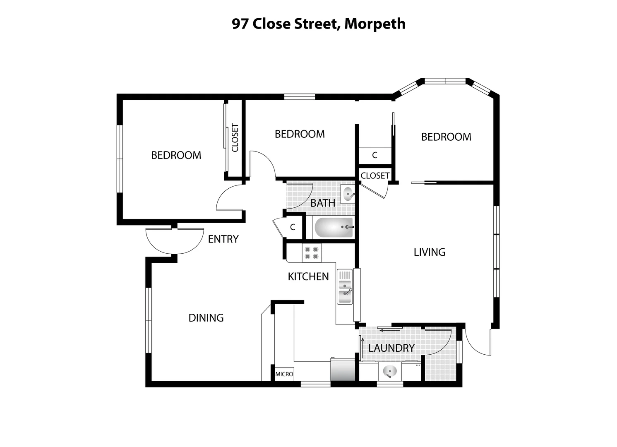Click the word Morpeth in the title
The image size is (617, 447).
[x=375, y=24]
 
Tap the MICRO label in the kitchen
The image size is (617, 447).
[x=284, y=374]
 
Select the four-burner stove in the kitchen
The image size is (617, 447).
[x=311, y=253]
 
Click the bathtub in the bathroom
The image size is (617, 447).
[x=334, y=227]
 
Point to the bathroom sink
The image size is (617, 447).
[x=348, y=194]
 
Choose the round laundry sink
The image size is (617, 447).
[x=389, y=371]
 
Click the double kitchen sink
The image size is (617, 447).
[x=345, y=286]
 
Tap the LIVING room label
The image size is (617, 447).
[x=430, y=252]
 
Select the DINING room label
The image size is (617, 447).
[x=206, y=318]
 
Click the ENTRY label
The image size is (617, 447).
[x=223, y=239]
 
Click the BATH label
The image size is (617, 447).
[x=323, y=203]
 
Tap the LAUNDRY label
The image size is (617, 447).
[x=391, y=348]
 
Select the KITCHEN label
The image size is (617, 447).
[x=308, y=276]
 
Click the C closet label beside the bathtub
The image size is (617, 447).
[x=293, y=227]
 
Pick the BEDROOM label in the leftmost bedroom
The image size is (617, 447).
[x=176, y=155]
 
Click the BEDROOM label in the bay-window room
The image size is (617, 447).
[x=446, y=137]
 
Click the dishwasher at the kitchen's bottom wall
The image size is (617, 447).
[x=343, y=370]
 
